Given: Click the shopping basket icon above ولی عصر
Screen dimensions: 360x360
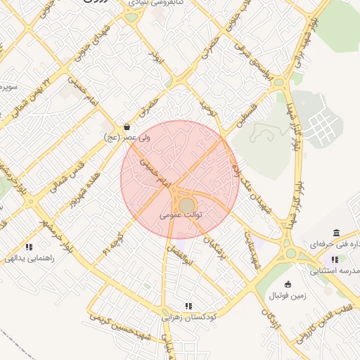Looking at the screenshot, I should [127, 127].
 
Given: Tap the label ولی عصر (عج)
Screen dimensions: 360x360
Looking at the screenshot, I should [121, 138].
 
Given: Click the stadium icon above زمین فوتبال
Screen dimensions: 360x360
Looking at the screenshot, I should [288, 283].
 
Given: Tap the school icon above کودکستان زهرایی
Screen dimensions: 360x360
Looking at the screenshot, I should [188, 306].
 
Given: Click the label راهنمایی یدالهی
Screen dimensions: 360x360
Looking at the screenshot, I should [30, 258].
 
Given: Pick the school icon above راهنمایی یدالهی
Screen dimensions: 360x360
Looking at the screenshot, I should [29, 247].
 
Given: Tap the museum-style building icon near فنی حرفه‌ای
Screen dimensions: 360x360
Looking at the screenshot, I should [335, 233].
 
